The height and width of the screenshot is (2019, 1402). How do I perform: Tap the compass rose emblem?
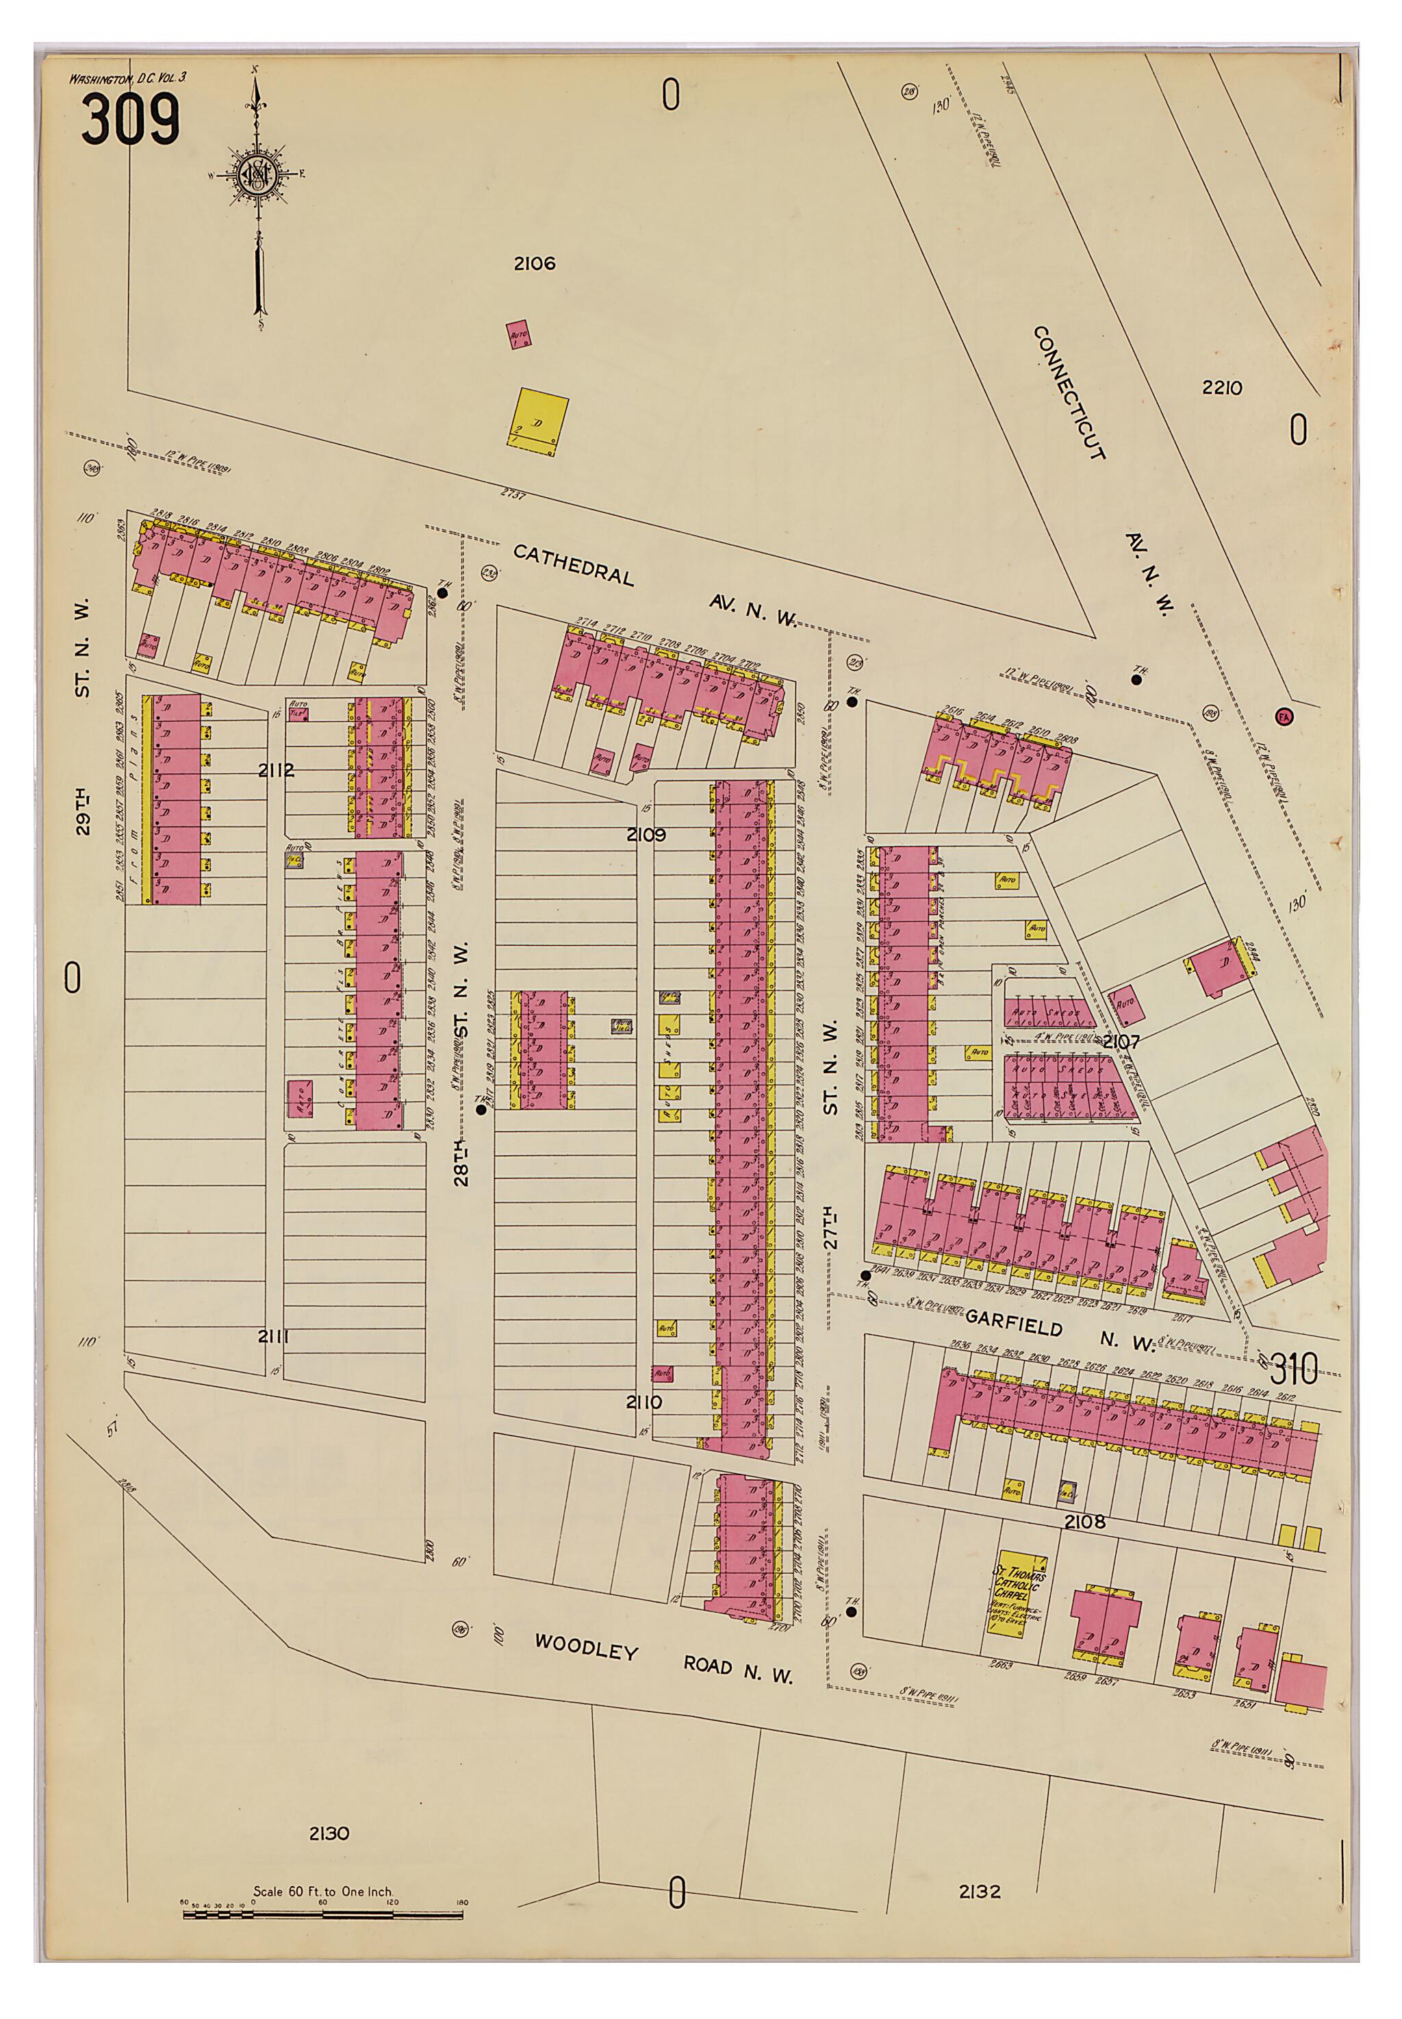click(260, 175)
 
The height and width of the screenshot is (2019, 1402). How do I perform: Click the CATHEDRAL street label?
click(573, 564)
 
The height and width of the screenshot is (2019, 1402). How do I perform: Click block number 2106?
click(534, 264)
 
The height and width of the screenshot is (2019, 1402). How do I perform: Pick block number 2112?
click(276, 770)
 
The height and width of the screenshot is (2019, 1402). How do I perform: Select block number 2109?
click(646, 835)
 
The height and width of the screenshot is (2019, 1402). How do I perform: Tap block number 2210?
click(1221, 388)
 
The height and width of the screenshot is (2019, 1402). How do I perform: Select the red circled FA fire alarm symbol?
click(1284, 716)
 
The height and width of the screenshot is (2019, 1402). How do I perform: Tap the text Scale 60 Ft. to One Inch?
click(322, 1892)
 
